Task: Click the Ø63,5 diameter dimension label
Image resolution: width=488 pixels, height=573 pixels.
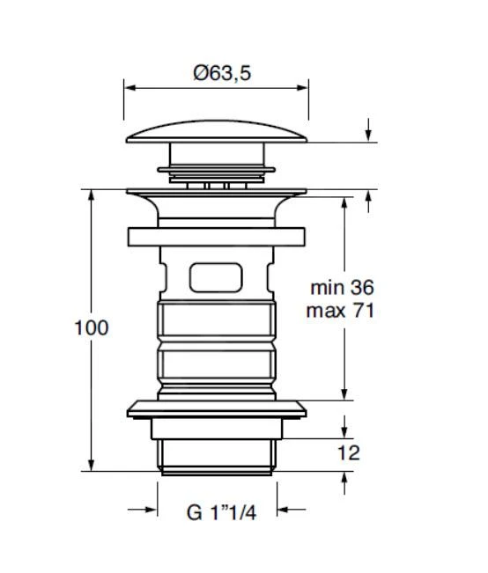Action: pyautogui.click(x=222, y=73)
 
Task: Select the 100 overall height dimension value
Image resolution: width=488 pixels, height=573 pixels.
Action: pyautogui.click(x=92, y=327)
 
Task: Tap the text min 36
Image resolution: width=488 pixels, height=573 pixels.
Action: pyautogui.click(x=343, y=288)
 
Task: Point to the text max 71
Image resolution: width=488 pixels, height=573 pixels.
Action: pyautogui.click(x=340, y=311)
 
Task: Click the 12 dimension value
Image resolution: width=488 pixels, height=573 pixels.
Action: pyautogui.click(x=349, y=453)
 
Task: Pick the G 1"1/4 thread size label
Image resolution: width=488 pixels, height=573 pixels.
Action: pyautogui.click(x=221, y=512)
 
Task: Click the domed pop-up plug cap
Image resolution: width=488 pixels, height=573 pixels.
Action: pyautogui.click(x=217, y=131)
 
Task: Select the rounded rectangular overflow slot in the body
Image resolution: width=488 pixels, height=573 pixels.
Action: pyautogui.click(x=216, y=277)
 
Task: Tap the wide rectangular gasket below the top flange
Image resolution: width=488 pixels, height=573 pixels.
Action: pyautogui.click(x=217, y=237)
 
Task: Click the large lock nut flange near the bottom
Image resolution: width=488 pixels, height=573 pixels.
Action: pyautogui.click(x=217, y=409)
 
